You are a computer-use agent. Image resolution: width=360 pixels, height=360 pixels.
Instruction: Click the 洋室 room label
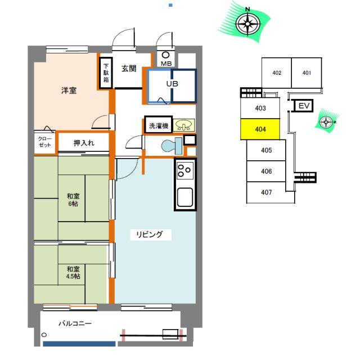pyautogui.click(x=69, y=91)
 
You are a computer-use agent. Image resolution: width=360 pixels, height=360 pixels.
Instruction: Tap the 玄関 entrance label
pyautogui.click(x=129, y=69)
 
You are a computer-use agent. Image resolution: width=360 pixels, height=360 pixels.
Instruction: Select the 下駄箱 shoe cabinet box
pyautogui.click(x=106, y=73)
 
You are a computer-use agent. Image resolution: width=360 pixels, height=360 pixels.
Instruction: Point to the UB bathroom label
pyautogui.click(x=172, y=84)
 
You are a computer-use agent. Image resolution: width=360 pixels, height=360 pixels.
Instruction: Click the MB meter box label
pyautogui.click(x=166, y=64)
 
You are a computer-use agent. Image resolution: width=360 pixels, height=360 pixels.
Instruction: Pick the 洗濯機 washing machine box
pyautogui.click(x=159, y=125)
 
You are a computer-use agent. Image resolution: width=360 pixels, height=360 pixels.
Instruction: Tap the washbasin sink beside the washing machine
pyautogui.click(x=184, y=125)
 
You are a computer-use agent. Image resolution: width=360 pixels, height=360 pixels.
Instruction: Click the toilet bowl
pyautogui.click(x=172, y=146)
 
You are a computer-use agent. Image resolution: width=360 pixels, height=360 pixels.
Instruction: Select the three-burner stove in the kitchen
pyautogui.click(x=185, y=170)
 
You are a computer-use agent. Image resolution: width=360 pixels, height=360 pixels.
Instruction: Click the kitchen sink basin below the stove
pyautogui.click(x=185, y=197)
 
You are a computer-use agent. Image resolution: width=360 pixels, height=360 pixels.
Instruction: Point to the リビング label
pyautogui.click(x=150, y=235)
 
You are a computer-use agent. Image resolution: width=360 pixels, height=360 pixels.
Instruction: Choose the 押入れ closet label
pyautogui.click(x=84, y=143)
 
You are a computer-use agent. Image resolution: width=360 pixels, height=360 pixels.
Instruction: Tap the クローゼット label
pyautogui.click(x=45, y=142)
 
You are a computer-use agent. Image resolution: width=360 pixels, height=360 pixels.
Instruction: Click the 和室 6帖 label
pyautogui.click(x=73, y=200)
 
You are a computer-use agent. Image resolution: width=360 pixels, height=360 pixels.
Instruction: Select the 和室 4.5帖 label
pyautogui.click(x=73, y=272)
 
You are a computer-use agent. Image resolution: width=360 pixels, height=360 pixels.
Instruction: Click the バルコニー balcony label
pyautogui.click(x=75, y=323)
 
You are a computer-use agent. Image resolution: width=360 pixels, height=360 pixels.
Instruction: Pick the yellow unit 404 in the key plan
pyautogui.click(x=260, y=129)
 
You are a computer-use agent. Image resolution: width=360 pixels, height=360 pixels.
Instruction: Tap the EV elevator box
pyautogui.click(x=304, y=106)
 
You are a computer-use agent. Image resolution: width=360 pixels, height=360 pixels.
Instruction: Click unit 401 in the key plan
pyautogui.click(x=307, y=73)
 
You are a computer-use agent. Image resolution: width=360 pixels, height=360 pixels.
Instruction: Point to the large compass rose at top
pyautogui.click(x=247, y=23)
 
